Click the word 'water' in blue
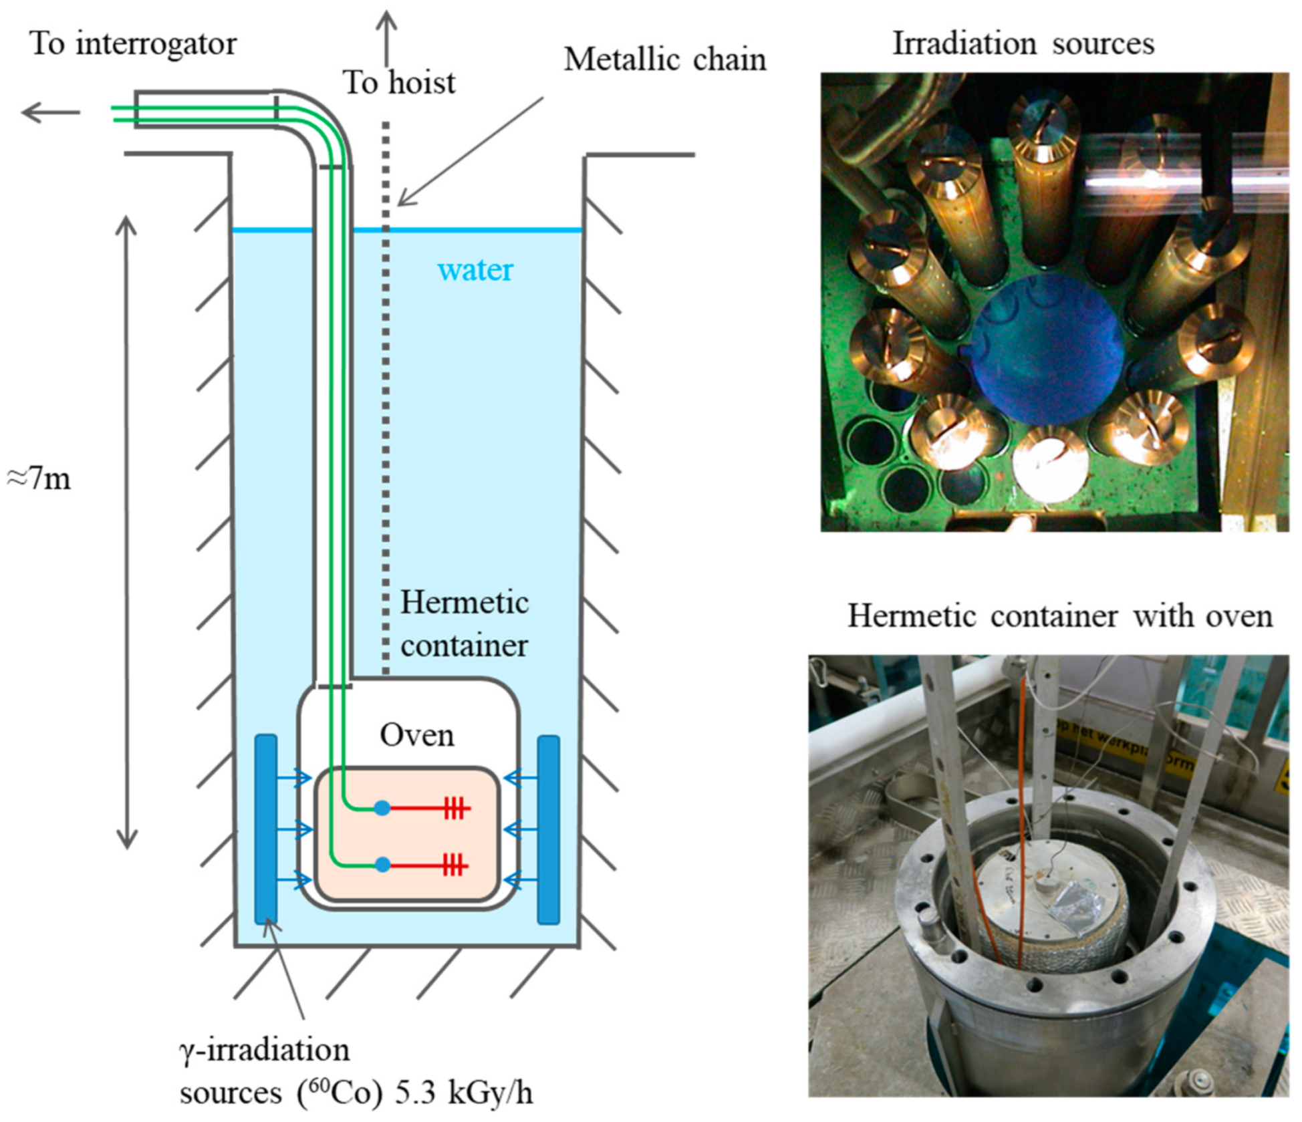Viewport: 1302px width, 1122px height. (475, 271)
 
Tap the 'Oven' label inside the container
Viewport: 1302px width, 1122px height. (416, 735)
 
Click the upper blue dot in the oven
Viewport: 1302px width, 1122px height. (382, 809)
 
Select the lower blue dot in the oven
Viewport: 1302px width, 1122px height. (382, 865)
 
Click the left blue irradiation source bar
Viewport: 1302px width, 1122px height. (266, 829)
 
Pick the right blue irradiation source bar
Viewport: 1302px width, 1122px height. (548, 829)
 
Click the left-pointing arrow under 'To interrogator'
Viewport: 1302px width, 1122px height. (50, 112)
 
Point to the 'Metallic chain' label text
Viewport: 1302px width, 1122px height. (664, 60)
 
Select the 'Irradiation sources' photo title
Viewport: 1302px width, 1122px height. (1023, 44)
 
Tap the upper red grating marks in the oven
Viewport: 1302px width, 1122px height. (455, 809)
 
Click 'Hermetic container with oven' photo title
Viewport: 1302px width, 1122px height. (1059, 615)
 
